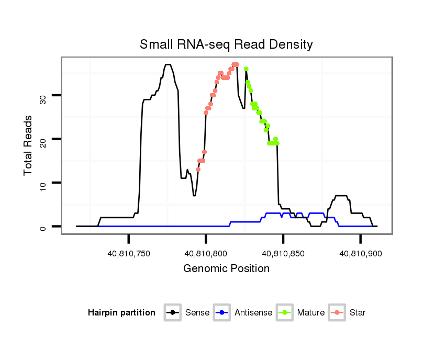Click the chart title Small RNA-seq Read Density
click(226, 44)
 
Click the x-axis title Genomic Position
click(226, 269)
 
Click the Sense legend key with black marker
click(172, 313)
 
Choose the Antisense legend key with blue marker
click(222, 313)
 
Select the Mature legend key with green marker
click(285, 313)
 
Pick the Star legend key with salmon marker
click(337, 313)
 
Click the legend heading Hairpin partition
click(121, 313)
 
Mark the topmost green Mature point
click(246, 69)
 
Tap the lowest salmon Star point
click(198, 170)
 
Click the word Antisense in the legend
click(253, 313)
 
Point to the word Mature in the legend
click(311, 313)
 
